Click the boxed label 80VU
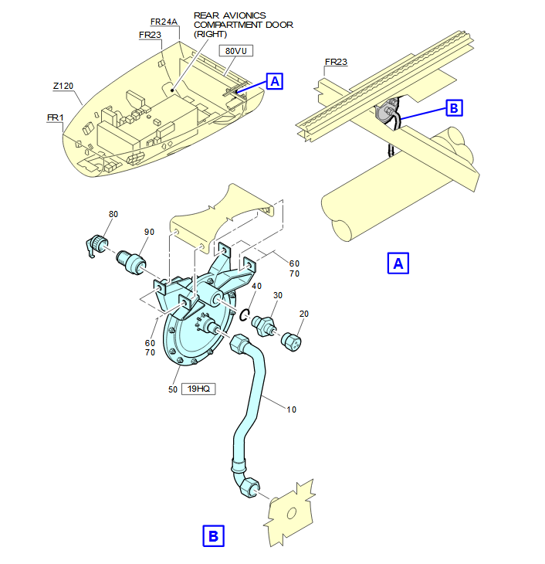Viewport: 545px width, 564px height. (235, 51)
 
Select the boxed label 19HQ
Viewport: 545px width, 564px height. (198, 389)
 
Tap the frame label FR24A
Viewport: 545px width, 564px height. (164, 22)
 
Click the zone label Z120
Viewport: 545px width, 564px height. (63, 86)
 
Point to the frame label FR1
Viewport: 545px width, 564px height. (55, 117)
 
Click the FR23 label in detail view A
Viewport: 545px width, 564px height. (336, 62)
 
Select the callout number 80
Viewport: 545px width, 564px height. (113, 214)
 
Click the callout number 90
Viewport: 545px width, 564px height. (149, 232)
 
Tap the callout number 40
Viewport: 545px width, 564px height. (257, 286)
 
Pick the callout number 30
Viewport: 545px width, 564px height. (278, 295)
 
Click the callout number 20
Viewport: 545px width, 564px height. (304, 314)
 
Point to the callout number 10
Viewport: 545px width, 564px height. (291, 409)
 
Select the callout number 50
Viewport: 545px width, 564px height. (173, 389)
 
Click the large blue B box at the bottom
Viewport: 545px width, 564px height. (214, 536)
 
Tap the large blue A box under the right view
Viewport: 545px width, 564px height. (398, 263)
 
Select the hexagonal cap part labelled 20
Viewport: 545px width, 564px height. (291, 342)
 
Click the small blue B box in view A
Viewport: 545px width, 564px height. (454, 108)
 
